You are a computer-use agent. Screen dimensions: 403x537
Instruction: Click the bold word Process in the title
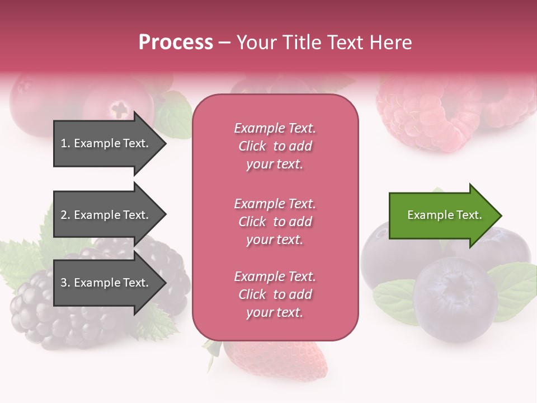176,43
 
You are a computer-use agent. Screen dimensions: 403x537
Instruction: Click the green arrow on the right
442,215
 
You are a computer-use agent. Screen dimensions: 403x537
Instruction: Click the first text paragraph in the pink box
275,146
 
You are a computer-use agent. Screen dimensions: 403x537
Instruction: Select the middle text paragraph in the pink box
275,222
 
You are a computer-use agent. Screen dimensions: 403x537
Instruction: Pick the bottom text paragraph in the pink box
275,294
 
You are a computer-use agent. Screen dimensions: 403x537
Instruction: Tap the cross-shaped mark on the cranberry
120,109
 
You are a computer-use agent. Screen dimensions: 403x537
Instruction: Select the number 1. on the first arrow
65,143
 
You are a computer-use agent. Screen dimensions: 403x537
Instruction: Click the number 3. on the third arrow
65,283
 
